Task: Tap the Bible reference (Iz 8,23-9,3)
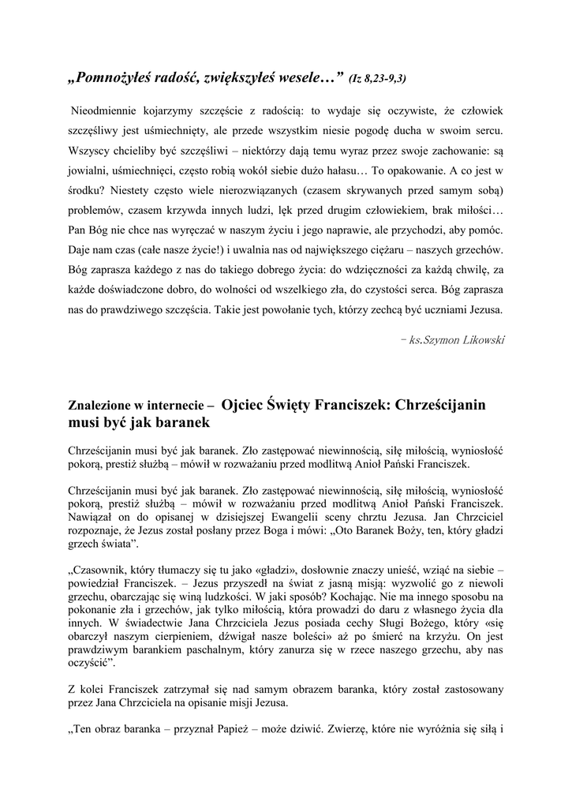[377, 78]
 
